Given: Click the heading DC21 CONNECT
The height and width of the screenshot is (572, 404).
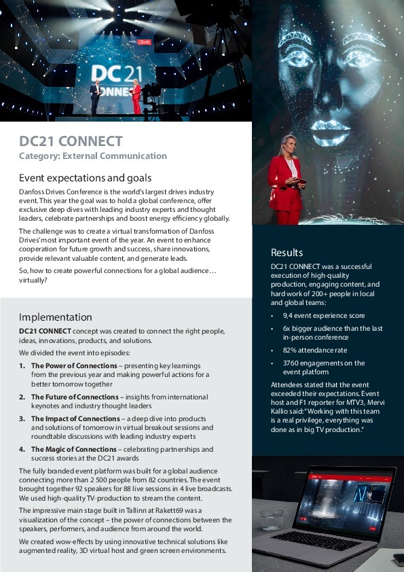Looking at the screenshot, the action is pos(71,142).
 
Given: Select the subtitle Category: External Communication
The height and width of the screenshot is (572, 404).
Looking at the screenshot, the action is pos(92,156).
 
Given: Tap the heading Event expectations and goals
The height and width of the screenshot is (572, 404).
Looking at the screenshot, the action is pos(85,179).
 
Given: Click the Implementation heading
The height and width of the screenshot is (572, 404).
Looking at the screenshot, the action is pos(55,317).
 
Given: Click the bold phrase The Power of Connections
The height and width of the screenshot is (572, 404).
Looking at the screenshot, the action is pos(74,365).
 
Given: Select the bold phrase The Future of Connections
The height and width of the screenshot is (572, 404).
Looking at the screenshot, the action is pos(75,397).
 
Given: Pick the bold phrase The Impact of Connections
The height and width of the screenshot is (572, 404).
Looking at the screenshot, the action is pos(75,418).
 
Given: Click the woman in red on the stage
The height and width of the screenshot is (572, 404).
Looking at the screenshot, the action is pos(136,97).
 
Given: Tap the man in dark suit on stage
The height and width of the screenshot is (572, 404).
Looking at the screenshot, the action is pos(96,97).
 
